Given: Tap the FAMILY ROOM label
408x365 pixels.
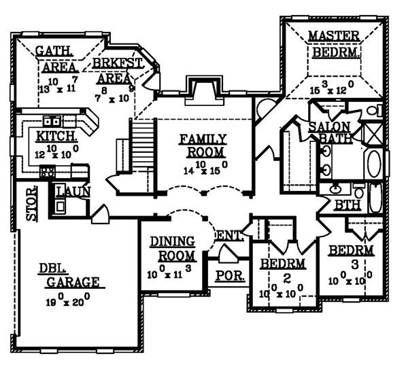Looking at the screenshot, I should [203, 146].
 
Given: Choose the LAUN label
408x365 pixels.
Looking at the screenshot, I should [73, 192].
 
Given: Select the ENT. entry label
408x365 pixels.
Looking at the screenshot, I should [229, 236].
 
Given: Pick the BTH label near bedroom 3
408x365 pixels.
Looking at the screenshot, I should [343, 205].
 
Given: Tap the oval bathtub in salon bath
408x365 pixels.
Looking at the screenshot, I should [374, 167].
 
